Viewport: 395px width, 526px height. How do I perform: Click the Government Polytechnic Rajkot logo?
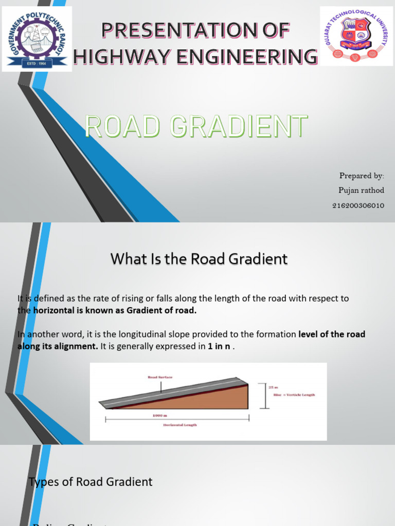(x=37, y=39)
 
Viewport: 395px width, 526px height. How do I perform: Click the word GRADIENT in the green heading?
(x=242, y=127)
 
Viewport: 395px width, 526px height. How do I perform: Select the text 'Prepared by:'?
(x=362, y=176)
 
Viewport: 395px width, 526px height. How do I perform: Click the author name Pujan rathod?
(x=361, y=190)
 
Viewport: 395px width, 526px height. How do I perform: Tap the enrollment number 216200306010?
(x=358, y=205)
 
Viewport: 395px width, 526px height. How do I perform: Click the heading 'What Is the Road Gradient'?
(x=199, y=259)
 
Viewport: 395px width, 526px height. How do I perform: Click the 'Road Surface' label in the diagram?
(x=160, y=377)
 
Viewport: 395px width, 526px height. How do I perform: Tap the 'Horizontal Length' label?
(x=180, y=425)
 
